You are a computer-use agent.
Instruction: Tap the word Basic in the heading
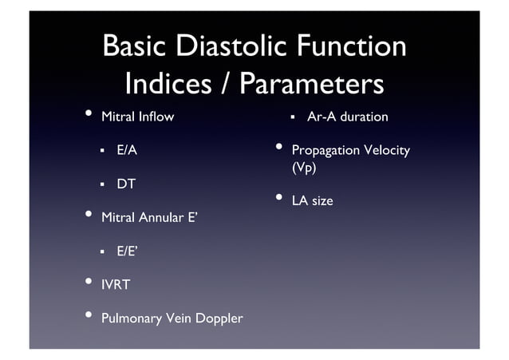click(x=136, y=47)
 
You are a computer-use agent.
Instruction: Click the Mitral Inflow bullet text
click(x=137, y=117)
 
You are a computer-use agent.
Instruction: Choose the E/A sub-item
click(x=128, y=150)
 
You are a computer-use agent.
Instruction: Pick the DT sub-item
click(x=126, y=184)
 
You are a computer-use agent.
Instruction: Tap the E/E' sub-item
click(x=128, y=251)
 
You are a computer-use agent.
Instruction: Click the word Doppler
click(x=217, y=319)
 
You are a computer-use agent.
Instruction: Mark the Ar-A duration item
click(x=347, y=117)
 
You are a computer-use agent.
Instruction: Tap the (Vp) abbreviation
click(x=304, y=168)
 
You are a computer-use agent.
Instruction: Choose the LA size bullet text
click(x=312, y=201)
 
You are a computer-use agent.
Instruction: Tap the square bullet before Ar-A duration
click(x=293, y=117)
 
